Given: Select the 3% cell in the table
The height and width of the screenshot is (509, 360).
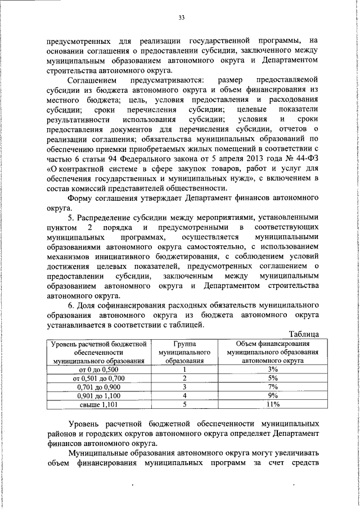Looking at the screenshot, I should pos(273,369).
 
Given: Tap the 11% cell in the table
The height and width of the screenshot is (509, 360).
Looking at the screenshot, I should pos(273,404).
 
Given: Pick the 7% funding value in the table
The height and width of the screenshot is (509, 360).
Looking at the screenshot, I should pos(273,386).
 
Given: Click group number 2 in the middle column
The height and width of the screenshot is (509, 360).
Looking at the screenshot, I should pos(184,378).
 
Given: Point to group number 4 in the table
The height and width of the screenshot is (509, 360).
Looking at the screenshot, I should pos(184,395).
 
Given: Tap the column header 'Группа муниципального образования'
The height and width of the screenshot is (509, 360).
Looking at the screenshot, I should pos(184,352).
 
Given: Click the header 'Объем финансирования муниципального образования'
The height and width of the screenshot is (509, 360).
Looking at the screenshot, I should pos(273,352).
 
